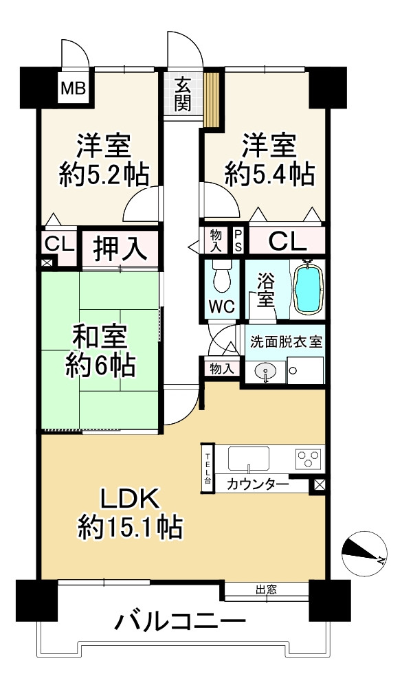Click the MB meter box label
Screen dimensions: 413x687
[74, 89]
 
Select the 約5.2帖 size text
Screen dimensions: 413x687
[104, 174]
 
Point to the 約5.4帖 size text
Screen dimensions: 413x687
[269, 174]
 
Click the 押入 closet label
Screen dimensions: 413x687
[120, 249]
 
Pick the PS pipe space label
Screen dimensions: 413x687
[238, 240]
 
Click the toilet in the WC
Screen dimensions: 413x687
[221, 276]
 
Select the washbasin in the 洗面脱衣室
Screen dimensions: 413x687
[266, 372]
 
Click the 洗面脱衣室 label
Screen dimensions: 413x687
[286, 341]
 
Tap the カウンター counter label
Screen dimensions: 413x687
[258, 484]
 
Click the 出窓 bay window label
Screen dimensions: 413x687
[266, 589]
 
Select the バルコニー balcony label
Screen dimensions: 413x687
[179, 622]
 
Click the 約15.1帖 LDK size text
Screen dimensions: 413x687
[130, 528]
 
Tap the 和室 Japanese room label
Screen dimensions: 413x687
[100, 337]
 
